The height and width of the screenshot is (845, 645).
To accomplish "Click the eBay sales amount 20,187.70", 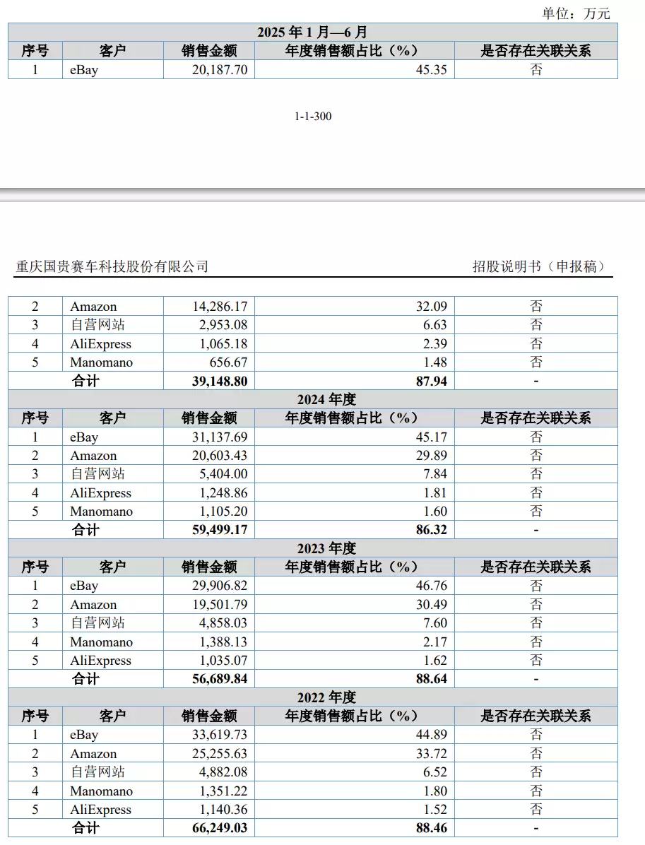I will click(x=220, y=70).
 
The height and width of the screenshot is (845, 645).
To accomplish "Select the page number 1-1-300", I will click(x=313, y=117).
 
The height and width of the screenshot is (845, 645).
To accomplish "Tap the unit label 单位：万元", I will click(x=576, y=13).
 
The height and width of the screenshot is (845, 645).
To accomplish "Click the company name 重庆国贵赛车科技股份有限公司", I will click(x=112, y=266).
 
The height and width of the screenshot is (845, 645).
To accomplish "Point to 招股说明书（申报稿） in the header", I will click(x=539, y=266).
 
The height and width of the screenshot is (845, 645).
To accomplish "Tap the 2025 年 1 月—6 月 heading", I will click(x=312, y=32).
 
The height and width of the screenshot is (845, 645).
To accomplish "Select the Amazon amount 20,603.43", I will click(x=220, y=456).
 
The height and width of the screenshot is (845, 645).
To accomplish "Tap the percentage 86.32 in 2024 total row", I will click(x=430, y=530).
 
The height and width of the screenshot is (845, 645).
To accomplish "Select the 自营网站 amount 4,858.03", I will click(x=223, y=623).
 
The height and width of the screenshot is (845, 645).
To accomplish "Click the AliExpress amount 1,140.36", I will click(x=223, y=810).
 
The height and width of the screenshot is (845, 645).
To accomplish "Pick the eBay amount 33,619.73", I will click(x=220, y=735).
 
